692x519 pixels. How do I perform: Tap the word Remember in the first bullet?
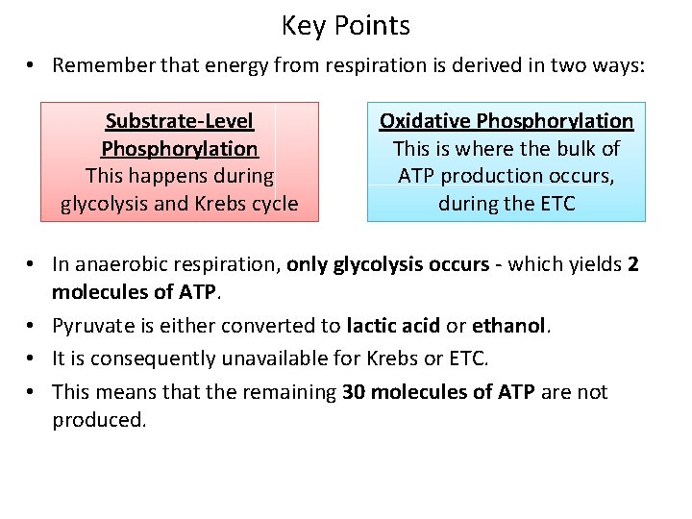(97, 65)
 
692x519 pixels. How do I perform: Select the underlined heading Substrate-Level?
(180, 121)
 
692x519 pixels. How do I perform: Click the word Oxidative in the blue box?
(425, 121)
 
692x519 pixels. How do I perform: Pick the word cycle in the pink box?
(273, 204)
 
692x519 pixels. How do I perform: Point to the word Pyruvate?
(91, 326)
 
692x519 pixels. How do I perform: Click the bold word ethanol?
(510, 326)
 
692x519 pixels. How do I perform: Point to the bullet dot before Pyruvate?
(33, 327)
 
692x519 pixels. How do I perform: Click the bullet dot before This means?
(33, 392)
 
